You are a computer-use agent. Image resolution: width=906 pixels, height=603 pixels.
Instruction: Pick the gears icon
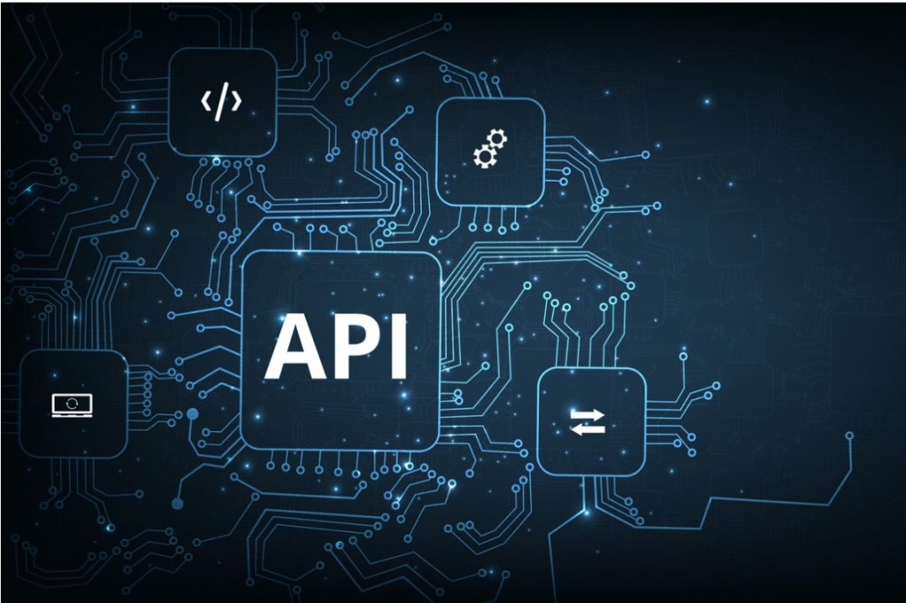click(490, 149)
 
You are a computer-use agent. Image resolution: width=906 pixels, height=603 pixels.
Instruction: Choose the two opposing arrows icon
click(587, 421)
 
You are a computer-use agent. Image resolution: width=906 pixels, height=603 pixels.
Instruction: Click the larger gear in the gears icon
click(485, 156)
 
